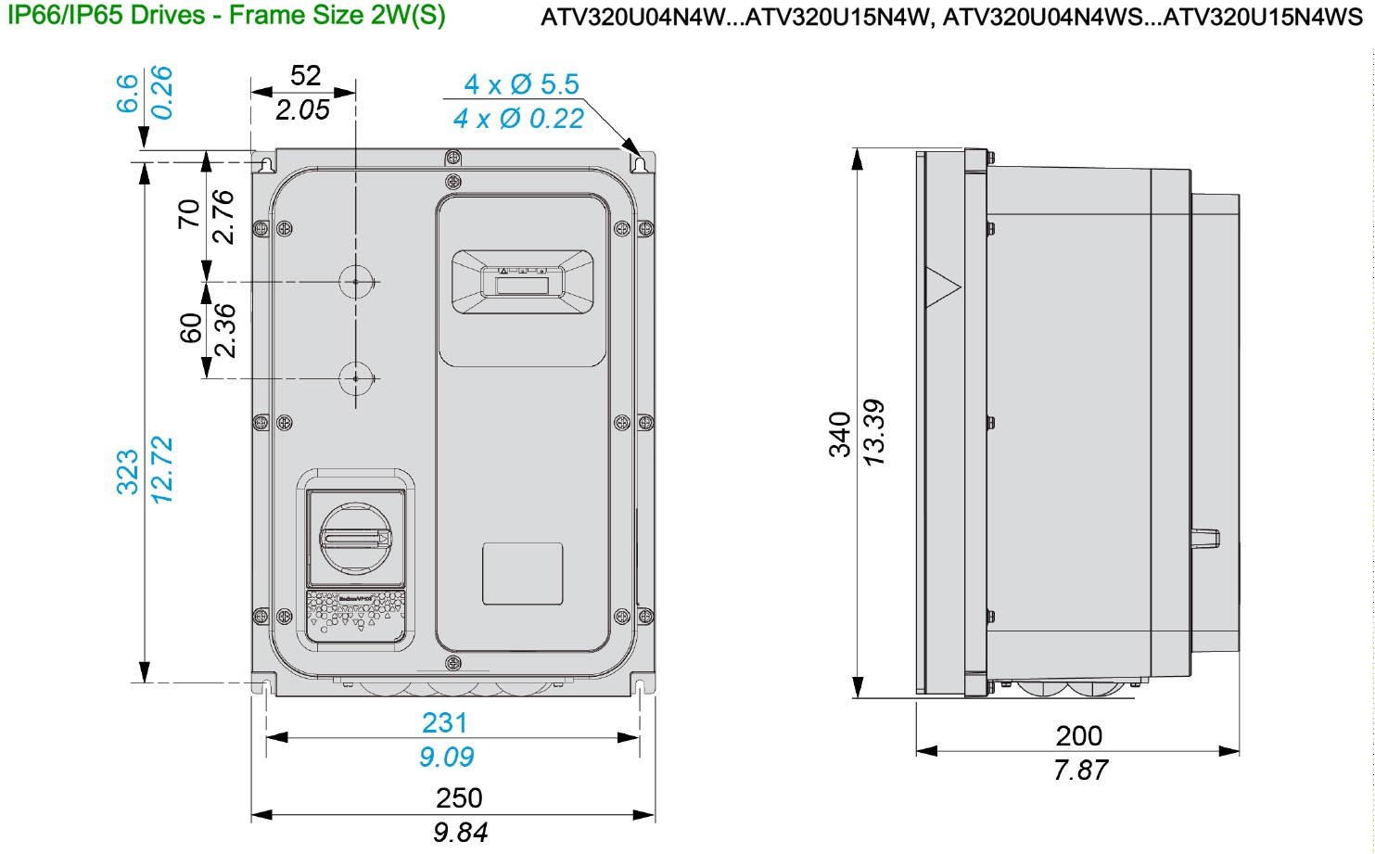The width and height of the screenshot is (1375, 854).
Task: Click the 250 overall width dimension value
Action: pyautogui.click(x=459, y=797)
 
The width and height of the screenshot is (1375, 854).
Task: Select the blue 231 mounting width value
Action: pyautogui.click(x=444, y=722)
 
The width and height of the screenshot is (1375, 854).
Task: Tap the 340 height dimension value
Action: pyautogui.click(x=840, y=434)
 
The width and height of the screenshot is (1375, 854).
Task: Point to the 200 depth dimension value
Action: pyautogui.click(x=1078, y=735)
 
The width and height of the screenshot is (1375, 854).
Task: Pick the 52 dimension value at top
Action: pyautogui.click(x=305, y=75)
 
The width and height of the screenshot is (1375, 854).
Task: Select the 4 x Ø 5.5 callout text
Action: pyautogui.click(x=521, y=84)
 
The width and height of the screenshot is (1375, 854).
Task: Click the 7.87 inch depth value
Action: pyautogui.click(x=1080, y=771)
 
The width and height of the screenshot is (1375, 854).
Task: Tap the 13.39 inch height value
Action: pyautogui.click(x=874, y=432)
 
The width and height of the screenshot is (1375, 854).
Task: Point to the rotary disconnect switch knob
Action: pyautogui.click(x=356, y=538)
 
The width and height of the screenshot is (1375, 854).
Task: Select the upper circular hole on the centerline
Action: pyautogui.click(x=356, y=282)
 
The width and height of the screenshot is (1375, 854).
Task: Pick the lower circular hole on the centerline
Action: pyautogui.click(x=356, y=378)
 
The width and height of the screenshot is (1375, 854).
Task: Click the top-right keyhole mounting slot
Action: pyautogui.click(x=639, y=164)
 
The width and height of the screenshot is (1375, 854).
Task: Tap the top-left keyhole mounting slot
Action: pyautogui.click(x=267, y=164)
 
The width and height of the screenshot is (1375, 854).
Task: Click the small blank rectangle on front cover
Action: pyautogui.click(x=522, y=574)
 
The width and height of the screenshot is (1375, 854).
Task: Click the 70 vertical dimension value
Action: pyautogui.click(x=189, y=214)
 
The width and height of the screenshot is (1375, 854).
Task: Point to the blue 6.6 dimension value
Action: pyautogui.click(x=127, y=94)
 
